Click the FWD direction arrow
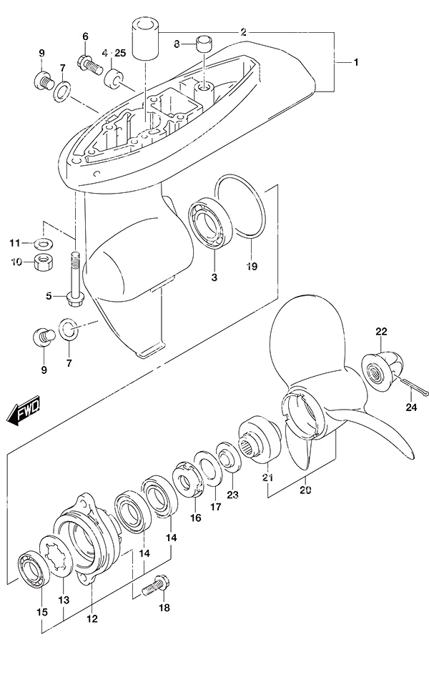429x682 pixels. point(24,410)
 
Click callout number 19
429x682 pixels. point(252,266)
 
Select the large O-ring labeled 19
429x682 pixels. point(241,206)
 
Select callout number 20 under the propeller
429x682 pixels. point(305,490)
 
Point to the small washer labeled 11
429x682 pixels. point(44,242)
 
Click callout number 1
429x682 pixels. point(356,63)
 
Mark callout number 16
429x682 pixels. point(196,518)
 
